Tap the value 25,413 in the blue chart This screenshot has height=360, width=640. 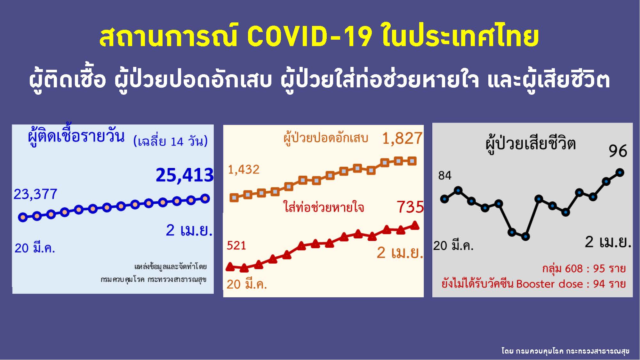tap(185, 175)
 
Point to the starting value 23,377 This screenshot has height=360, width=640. tap(35, 194)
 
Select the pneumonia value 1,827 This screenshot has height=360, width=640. tap(402, 139)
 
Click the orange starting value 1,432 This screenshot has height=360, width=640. tap(244, 170)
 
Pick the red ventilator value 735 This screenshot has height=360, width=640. tap(410, 207)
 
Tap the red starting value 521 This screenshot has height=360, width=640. tap(236, 245)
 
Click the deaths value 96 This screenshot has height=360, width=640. tap(618, 151)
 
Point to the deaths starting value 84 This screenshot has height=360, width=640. tap(445, 175)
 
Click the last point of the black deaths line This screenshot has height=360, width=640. tap(620, 172)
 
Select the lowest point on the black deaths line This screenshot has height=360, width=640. tap(525, 237)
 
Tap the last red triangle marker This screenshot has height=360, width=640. tap(415, 225)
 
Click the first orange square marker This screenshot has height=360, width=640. tap(234, 198)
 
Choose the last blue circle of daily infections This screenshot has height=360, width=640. tap(205, 199)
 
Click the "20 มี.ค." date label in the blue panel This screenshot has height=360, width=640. tap(35, 248)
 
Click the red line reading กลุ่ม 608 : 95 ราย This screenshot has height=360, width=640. tap(584, 268)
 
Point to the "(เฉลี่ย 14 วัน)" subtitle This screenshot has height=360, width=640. tap(171, 141)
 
